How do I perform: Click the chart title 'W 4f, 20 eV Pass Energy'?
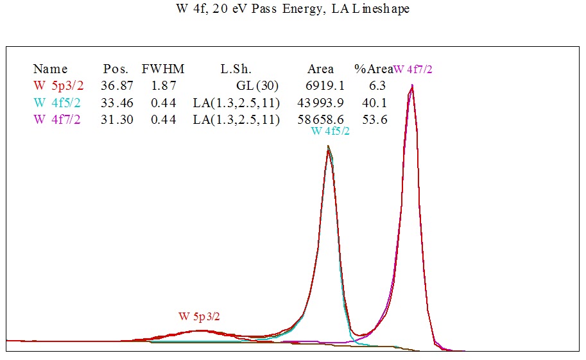293,9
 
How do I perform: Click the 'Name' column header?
50,69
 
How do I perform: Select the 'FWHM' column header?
159,69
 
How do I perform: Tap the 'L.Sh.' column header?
236,69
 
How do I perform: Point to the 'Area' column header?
320,69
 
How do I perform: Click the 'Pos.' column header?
116,69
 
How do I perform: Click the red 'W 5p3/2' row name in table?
58,85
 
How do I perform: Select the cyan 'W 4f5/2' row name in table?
58,103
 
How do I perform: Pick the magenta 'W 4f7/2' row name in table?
58,119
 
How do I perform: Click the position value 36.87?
117,85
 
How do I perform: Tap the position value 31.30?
117,119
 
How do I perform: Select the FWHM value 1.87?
163,85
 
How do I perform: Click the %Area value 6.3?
377,85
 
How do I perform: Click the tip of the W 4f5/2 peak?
329,146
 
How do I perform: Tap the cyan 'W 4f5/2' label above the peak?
330,131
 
